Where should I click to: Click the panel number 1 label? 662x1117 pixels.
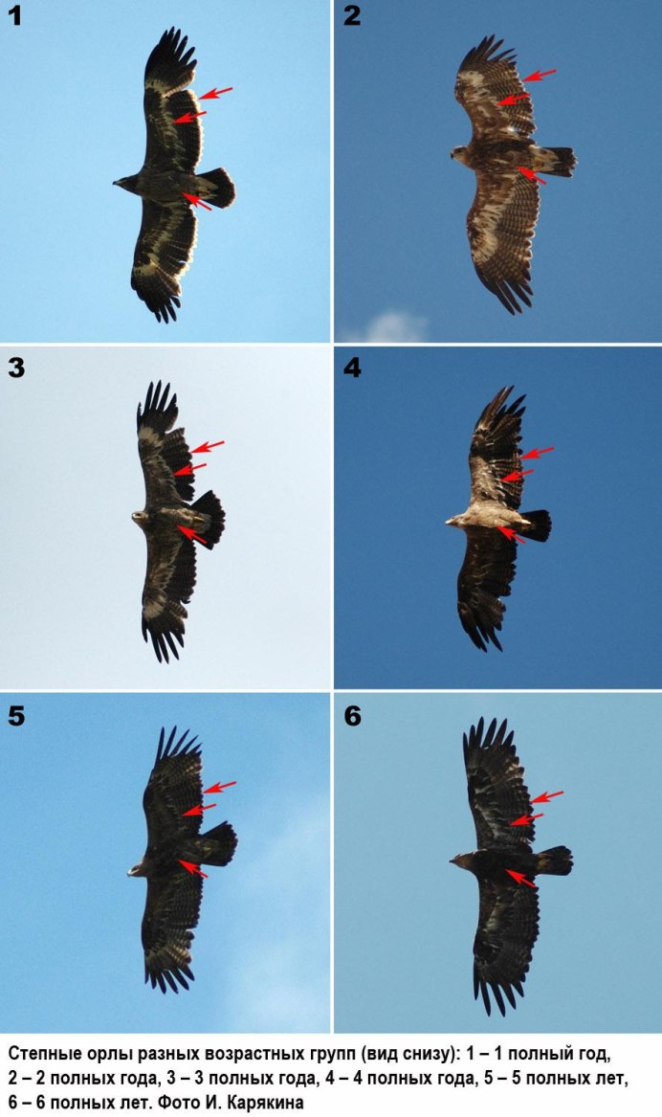pyautogui.click(x=15, y=15)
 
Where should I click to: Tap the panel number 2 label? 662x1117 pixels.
pyautogui.click(x=352, y=15)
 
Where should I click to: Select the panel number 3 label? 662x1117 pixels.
pyautogui.click(x=15, y=368)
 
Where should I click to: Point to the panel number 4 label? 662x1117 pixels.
pyautogui.click(x=352, y=368)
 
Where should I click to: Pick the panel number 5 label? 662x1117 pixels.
pyautogui.click(x=15, y=716)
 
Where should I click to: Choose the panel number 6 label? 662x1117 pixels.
pyautogui.click(x=352, y=716)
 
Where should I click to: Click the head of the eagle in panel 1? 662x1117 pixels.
pyautogui.click(x=126, y=183)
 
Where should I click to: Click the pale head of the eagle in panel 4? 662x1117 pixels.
pyautogui.click(x=457, y=522)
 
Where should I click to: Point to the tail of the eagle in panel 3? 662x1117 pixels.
pyautogui.click(x=208, y=520)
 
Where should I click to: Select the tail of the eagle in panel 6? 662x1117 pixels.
pyautogui.click(x=554, y=860)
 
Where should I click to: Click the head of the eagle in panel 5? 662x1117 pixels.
pyautogui.click(x=138, y=869)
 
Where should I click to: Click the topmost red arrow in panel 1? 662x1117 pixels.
pyautogui.click(x=215, y=93)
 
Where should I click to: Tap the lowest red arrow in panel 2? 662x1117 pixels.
pyautogui.click(x=532, y=175)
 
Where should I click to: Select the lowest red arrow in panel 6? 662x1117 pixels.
pyautogui.click(x=520, y=879)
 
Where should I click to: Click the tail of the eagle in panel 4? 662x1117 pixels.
pyautogui.click(x=536, y=525)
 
